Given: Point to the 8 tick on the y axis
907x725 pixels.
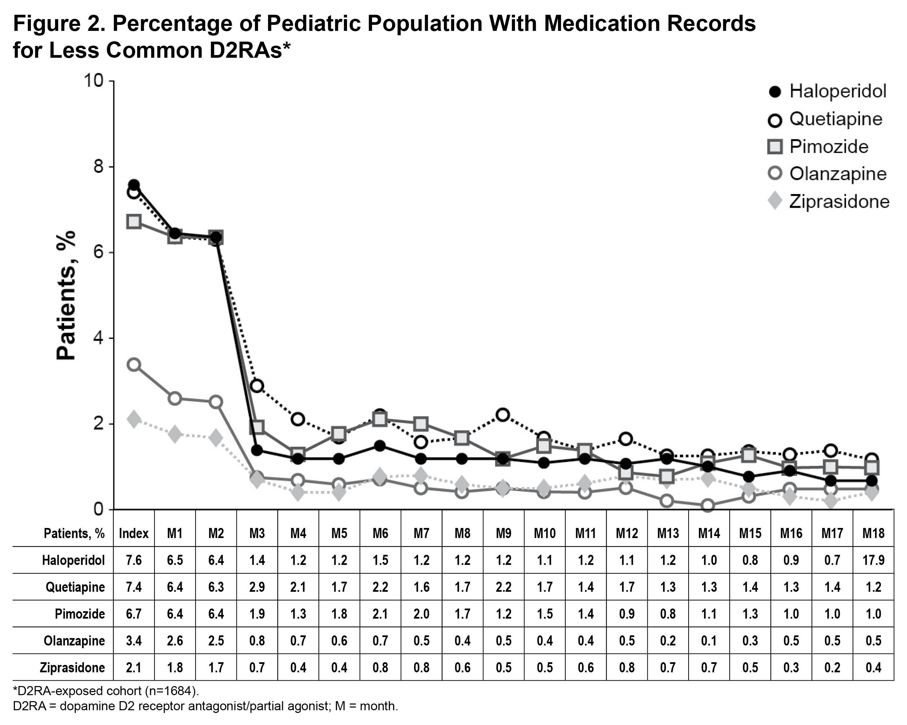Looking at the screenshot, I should pos(98,167).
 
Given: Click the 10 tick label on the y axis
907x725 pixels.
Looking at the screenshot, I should pos(94,80).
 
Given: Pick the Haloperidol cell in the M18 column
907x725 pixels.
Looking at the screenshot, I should pos(873,560).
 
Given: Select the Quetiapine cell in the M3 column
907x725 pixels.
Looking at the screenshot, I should pos(257,587).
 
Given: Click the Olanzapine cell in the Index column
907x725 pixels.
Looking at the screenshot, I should pos(134,641).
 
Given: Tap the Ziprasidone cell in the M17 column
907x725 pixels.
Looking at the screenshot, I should pos(832,668).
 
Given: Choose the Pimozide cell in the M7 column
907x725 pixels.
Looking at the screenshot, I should pos(422,614).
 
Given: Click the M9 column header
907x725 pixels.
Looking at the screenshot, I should pos(504,533).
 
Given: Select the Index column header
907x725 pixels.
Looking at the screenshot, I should pos(134,533).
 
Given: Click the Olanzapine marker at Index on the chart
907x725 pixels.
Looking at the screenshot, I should pos(134,365).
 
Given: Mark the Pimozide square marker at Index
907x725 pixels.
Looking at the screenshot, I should pos(134,222).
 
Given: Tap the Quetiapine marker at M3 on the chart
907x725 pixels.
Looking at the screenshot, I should pos(257,385).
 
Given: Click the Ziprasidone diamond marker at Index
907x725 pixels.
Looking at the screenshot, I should pos(134,419).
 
